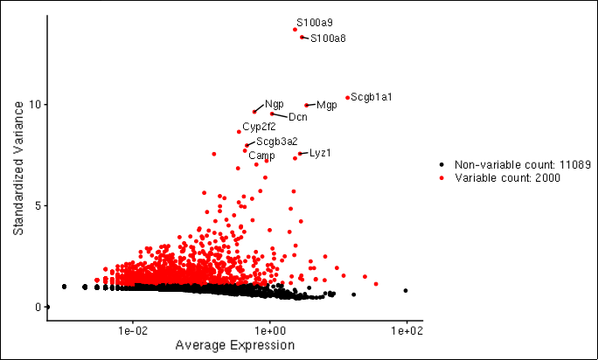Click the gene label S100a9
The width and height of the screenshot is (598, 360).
pos(314,22)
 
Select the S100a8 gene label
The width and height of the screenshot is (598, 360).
pos(328,38)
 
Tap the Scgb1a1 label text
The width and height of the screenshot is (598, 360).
pos(371,97)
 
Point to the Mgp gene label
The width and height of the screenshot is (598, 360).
pos(327,106)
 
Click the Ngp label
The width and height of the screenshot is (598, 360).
pos(274,104)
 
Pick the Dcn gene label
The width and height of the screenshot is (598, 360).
pos(297,117)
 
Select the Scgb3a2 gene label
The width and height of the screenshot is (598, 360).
pos(276,141)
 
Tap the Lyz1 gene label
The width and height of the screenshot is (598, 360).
pos(320,153)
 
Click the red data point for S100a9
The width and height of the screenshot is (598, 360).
pos(296,30)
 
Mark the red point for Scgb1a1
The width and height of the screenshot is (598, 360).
pos(347,98)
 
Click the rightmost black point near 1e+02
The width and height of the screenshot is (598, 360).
pos(406,290)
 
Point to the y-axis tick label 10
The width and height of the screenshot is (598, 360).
pos(34,105)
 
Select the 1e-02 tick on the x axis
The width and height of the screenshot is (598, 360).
pos(132,331)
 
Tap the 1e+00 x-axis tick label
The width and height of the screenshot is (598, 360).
pos(269,331)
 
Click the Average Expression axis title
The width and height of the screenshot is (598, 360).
pos(234,346)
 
